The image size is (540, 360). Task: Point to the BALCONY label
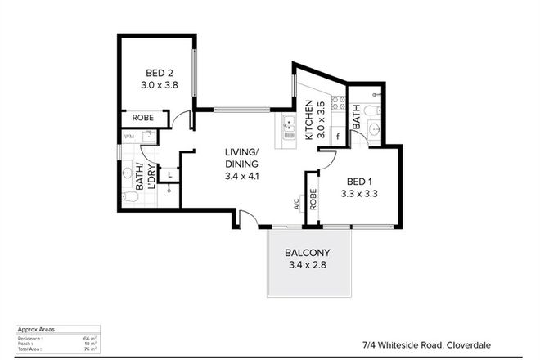pyautogui.click(x=308, y=258)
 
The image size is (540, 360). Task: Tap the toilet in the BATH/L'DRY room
pyautogui.click(x=128, y=196)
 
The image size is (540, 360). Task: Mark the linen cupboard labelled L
pyautogui.click(x=169, y=173)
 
